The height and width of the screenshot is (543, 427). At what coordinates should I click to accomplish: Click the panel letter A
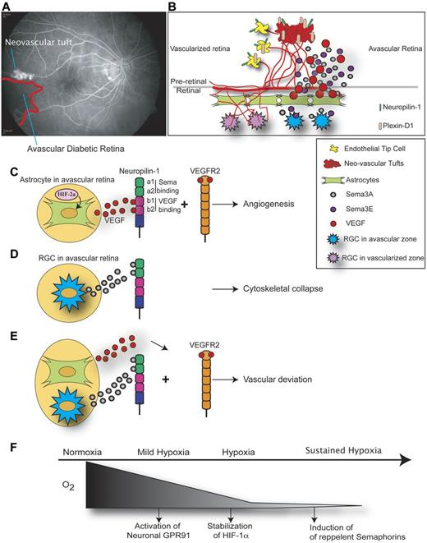coord(6,7)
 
